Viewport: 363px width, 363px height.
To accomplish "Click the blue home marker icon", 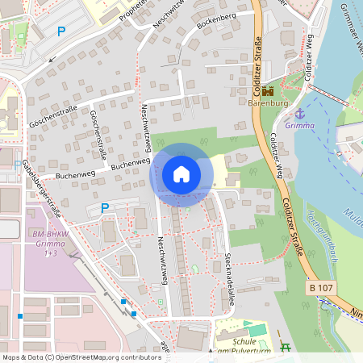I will point(181,174).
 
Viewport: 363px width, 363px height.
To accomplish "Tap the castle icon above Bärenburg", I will point(268,91).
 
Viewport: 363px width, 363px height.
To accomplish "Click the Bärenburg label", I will point(268,104).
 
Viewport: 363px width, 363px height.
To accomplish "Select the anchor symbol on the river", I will point(300,113).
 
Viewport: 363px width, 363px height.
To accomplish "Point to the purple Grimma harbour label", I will point(300,126).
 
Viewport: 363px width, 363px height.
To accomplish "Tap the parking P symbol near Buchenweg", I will point(104,207).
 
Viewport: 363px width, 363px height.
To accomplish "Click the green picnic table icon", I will point(285,347).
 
